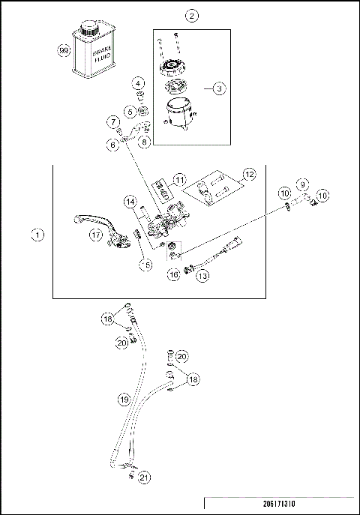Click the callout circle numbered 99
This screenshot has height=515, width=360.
click(64, 50)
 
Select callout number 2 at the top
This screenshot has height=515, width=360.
click(193, 16)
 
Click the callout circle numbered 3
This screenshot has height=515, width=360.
click(218, 88)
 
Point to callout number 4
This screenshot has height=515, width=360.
click(139, 82)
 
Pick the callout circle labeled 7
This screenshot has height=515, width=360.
click(112, 121)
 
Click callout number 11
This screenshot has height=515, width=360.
click(178, 180)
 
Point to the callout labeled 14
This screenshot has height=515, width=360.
click(130, 202)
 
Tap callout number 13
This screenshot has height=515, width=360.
click(202, 276)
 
